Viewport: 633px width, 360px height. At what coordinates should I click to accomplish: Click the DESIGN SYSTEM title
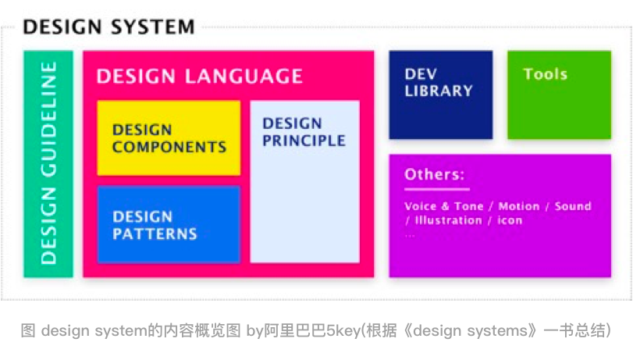point(108,27)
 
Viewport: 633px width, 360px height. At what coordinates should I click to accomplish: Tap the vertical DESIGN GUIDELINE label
point(48,163)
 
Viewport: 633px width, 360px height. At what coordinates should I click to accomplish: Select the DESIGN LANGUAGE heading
point(200,76)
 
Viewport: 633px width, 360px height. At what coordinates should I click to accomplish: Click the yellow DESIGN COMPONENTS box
point(169,137)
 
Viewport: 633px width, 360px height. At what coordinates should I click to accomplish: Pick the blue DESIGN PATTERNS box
point(169,225)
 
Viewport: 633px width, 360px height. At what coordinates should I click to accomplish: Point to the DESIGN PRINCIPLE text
point(304,132)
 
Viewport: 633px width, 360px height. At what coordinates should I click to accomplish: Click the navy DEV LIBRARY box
point(441,94)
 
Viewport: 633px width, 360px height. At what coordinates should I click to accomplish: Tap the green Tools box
point(559,94)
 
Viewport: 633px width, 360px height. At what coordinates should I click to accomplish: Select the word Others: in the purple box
point(435,174)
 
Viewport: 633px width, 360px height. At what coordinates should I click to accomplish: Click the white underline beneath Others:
point(437,189)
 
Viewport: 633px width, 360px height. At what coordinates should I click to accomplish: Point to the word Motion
point(519,206)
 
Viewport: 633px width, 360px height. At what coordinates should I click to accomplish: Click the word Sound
point(573,206)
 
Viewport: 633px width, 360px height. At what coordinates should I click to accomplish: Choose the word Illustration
point(448,220)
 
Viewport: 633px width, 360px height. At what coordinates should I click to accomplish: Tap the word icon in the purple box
point(510,220)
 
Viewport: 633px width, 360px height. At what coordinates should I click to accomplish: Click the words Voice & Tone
point(443,206)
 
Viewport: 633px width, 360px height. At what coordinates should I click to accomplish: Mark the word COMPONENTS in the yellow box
point(169,147)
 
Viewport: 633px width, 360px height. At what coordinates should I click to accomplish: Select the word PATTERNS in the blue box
point(155,233)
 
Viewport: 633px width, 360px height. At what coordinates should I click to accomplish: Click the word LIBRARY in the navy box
point(439,91)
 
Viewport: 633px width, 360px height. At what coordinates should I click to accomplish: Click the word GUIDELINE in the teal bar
point(48,119)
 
